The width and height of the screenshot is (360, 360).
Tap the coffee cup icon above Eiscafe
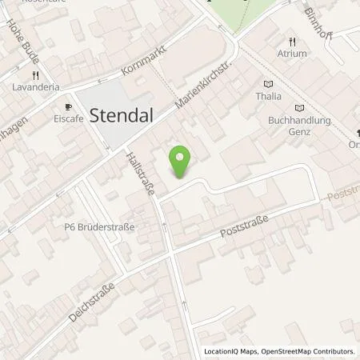point(68,106)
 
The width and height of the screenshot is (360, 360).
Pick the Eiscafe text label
point(68,118)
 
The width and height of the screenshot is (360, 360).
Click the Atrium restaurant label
point(292,54)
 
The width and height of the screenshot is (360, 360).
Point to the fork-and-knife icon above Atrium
point(292,42)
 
